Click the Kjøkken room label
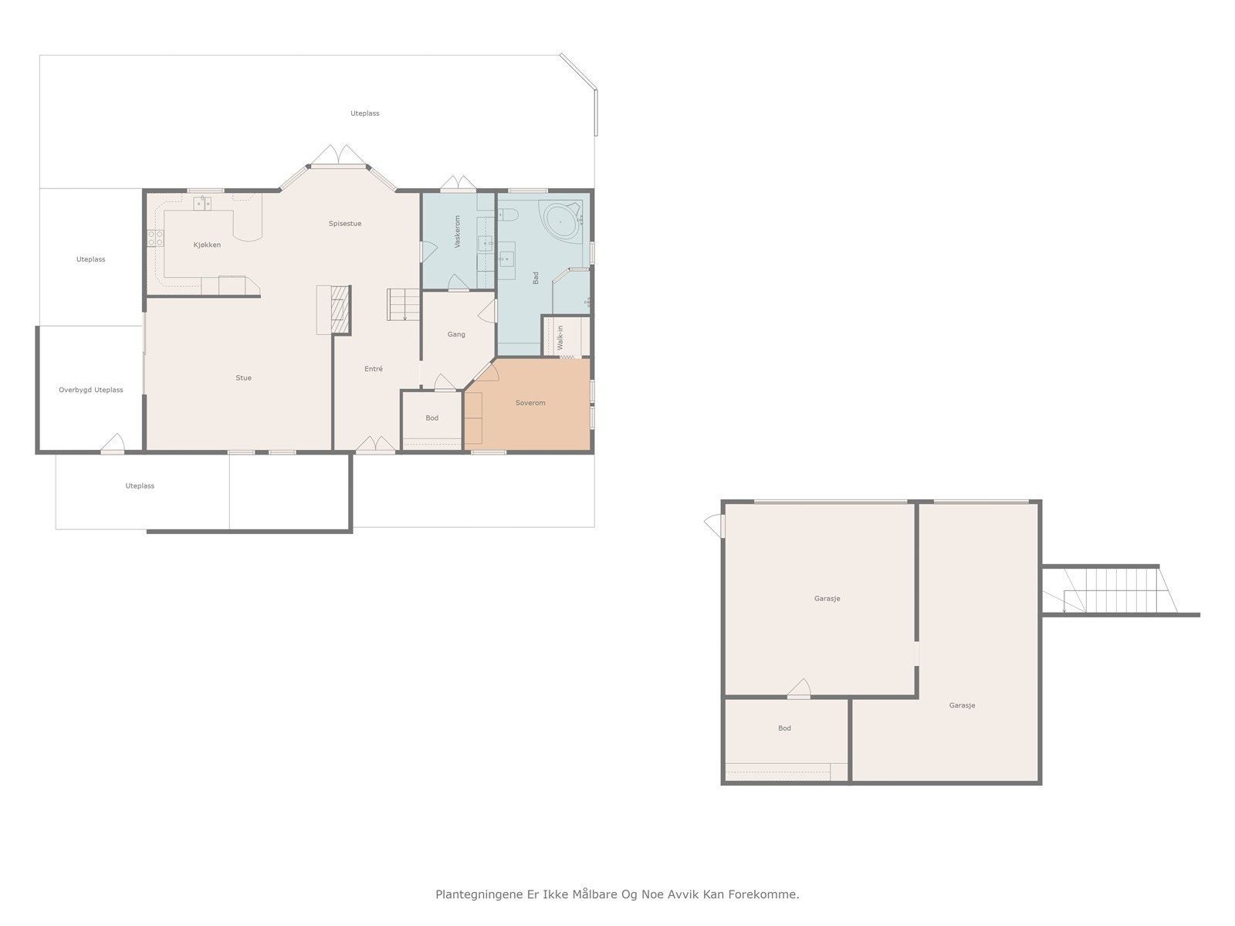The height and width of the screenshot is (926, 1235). pyautogui.click(x=207, y=245)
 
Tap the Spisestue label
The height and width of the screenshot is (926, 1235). pyautogui.click(x=345, y=224)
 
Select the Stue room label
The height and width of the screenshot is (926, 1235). pyautogui.click(x=244, y=378)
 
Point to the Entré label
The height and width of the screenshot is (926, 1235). pyautogui.click(x=374, y=369)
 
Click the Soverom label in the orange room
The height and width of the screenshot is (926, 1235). pyautogui.click(x=530, y=403)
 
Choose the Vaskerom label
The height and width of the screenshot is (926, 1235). pyautogui.click(x=458, y=231)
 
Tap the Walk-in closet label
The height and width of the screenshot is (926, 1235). pyautogui.click(x=560, y=338)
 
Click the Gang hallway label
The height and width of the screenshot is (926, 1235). pyautogui.click(x=456, y=335)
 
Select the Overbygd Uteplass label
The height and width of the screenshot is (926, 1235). pyautogui.click(x=90, y=390)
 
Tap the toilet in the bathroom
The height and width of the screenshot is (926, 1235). pyautogui.click(x=508, y=215)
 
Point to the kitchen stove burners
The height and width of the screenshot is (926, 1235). pyautogui.click(x=155, y=238)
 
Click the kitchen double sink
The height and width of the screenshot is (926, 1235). pyautogui.click(x=202, y=204)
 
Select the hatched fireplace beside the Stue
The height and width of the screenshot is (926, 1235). pyautogui.click(x=340, y=309)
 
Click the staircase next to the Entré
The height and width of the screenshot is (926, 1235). pyautogui.click(x=403, y=305)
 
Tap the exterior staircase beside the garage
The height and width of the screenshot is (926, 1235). pyautogui.click(x=1111, y=590)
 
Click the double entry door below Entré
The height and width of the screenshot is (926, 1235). pyautogui.click(x=375, y=444)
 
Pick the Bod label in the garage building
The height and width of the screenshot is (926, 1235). pyautogui.click(x=784, y=728)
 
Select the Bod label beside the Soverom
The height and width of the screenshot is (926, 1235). pyautogui.click(x=431, y=418)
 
